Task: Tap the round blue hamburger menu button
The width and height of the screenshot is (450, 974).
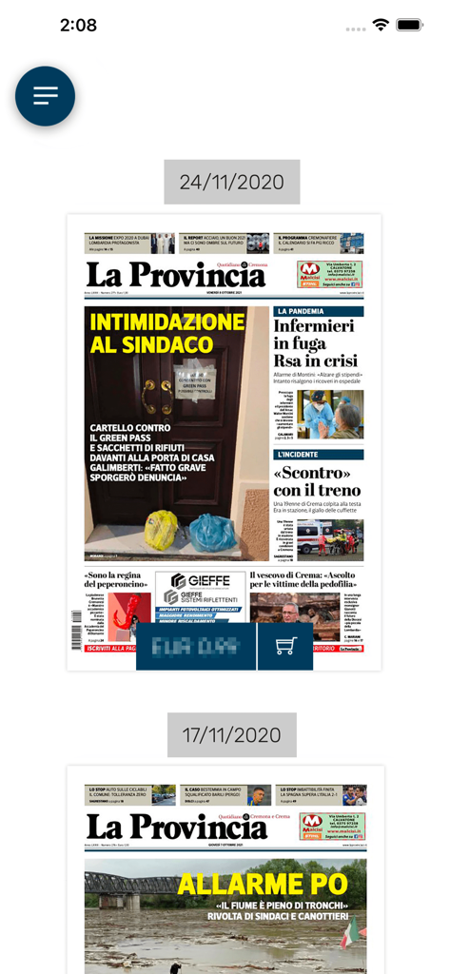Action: tap(45, 96)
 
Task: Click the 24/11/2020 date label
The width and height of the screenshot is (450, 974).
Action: tap(231, 182)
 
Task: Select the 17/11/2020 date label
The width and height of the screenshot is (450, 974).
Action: tap(231, 735)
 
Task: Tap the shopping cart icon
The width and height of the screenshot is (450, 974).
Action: tap(285, 647)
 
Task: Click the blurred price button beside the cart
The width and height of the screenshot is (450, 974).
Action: tap(196, 647)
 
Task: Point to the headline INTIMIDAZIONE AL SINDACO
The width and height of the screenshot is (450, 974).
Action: tap(166, 333)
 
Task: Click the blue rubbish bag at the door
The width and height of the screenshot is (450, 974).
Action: tap(212, 533)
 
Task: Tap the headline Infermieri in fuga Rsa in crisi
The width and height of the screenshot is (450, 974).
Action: tap(316, 343)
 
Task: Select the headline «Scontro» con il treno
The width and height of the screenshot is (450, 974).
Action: tap(317, 481)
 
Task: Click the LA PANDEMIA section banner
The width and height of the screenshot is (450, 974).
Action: tap(318, 311)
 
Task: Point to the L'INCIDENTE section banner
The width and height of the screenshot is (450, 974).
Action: tap(318, 455)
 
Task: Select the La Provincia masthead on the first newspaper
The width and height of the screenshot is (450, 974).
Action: tap(176, 274)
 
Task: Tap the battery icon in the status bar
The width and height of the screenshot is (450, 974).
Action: tap(410, 26)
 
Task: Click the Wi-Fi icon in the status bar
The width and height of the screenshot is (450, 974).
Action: tap(381, 26)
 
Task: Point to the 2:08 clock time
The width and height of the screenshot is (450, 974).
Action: tap(78, 26)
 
